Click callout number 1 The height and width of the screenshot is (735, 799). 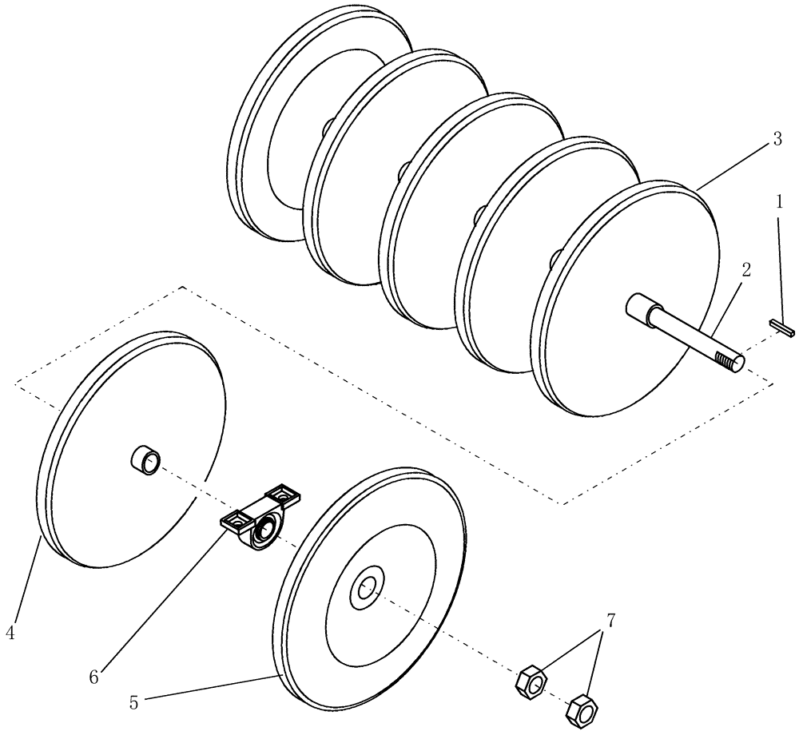779,202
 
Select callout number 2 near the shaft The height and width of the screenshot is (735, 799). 745,270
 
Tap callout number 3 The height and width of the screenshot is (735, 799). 777,138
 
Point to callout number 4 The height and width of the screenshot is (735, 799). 10,633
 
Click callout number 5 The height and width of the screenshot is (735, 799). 133,703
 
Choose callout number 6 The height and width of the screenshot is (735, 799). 93,677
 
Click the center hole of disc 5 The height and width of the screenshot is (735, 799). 367,588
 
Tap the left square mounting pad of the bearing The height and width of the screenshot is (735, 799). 235,522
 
